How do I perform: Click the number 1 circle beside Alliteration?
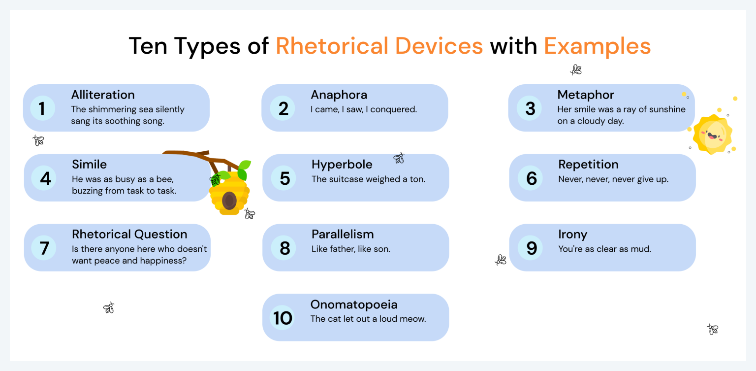coord(42,108)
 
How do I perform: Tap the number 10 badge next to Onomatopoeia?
coord(283,318)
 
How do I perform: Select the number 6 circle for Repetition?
coord(531,178)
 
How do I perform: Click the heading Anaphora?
coord(339,95)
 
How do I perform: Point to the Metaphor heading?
coord(586,95)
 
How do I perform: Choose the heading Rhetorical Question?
coord(129,234)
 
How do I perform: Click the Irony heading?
coord(572,235)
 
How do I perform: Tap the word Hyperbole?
coord(342,165)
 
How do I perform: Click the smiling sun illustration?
coord(712,135)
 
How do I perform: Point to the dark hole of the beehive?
coord(229,201)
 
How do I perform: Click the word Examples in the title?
coord(598,46)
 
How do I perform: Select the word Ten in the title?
coord(148,46)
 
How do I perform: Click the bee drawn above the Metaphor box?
coord(576,69)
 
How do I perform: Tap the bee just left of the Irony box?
coord(501,260)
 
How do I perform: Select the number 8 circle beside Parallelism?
coord(284,248)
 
